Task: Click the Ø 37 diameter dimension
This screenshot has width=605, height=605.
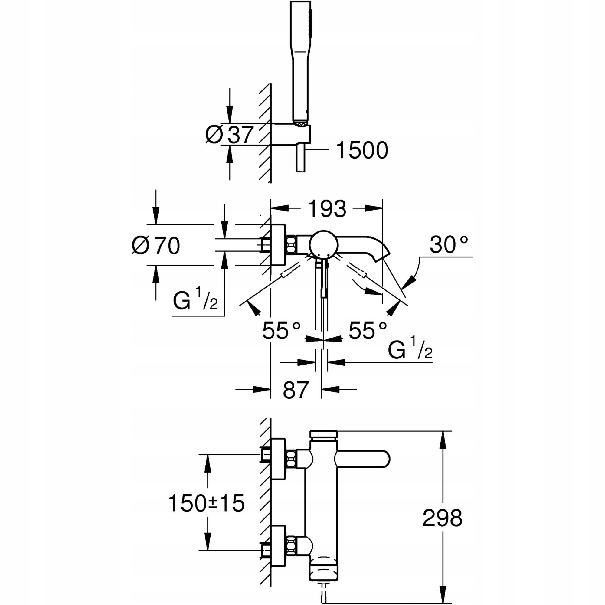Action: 229,135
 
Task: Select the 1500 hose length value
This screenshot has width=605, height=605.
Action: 362,150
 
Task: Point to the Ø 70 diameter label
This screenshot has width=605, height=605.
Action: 156,246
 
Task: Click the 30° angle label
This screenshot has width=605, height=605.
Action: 449,244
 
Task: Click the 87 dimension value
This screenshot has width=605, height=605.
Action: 296,390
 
